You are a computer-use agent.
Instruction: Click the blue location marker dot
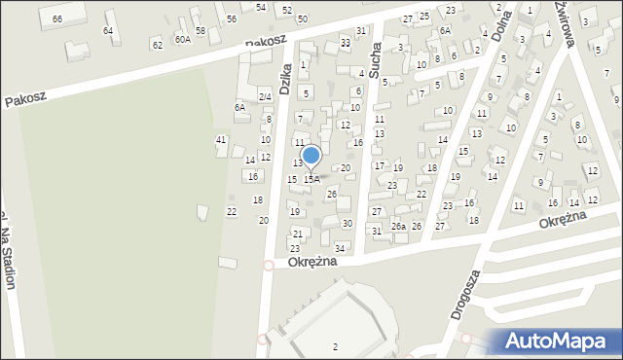311,156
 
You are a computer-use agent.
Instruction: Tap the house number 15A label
311,179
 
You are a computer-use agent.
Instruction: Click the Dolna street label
503,27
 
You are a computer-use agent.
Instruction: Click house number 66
57,19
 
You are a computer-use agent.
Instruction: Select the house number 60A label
182,40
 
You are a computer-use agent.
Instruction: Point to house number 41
221,140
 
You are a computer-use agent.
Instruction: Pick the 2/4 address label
264,96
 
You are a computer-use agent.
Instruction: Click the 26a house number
398,227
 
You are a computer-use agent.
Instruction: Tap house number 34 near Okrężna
340,249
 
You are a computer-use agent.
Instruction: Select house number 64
108,31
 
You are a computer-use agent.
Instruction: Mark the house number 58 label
201,31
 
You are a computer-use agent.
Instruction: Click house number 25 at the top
423,17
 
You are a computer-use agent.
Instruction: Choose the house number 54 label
261,7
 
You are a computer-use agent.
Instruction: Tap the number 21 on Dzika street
298,234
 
